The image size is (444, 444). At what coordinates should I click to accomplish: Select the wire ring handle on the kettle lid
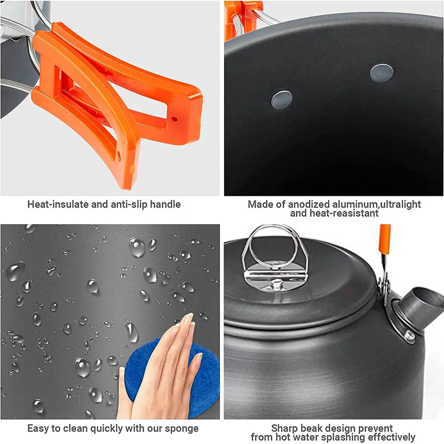[x=275, y=249]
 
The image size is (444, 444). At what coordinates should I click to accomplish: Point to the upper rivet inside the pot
[x=381, y=73]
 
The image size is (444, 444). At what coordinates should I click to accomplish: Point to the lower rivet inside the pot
[x=281, y=99]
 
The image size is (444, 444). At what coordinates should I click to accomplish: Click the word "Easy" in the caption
[x=38, y=428]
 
